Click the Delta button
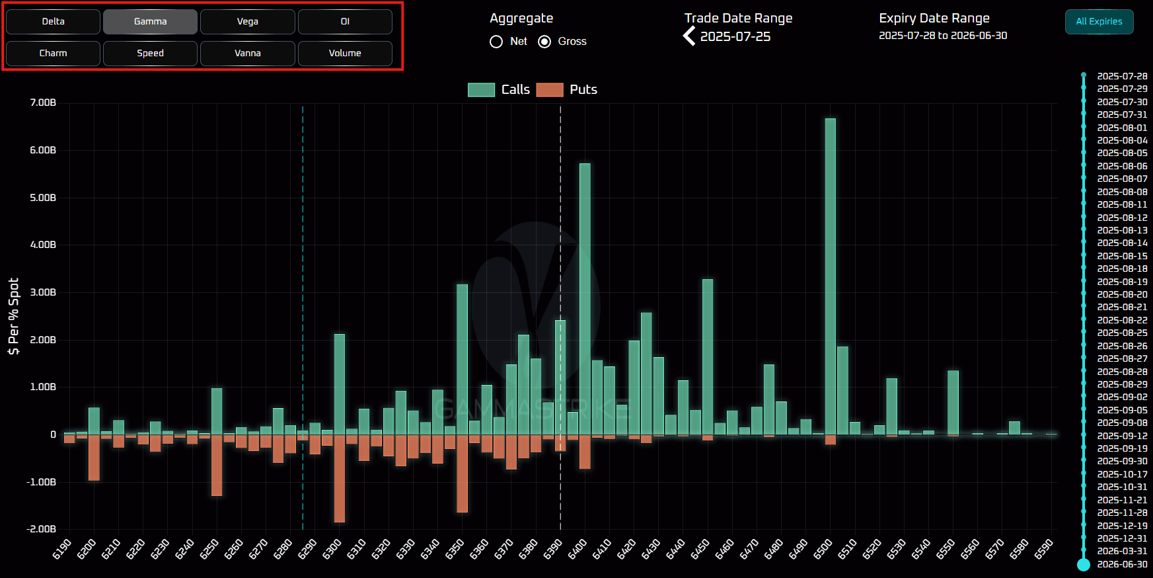point(53,21)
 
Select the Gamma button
point(150,21)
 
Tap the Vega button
point(247,21)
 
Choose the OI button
point(345,21)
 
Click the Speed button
point(150,53)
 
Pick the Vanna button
point(247,53)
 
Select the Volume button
point(345,53)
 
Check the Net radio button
point(496,42)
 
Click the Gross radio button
point(544,42)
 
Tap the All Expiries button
point(1099,21)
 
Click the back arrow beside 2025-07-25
point(689,36)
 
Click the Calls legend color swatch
point(481,90)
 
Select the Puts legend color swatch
point(550,90)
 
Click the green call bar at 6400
point(585,298)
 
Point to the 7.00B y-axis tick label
point(43,103)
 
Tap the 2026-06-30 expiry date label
point(1122,564)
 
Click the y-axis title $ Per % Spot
point(13,316)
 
